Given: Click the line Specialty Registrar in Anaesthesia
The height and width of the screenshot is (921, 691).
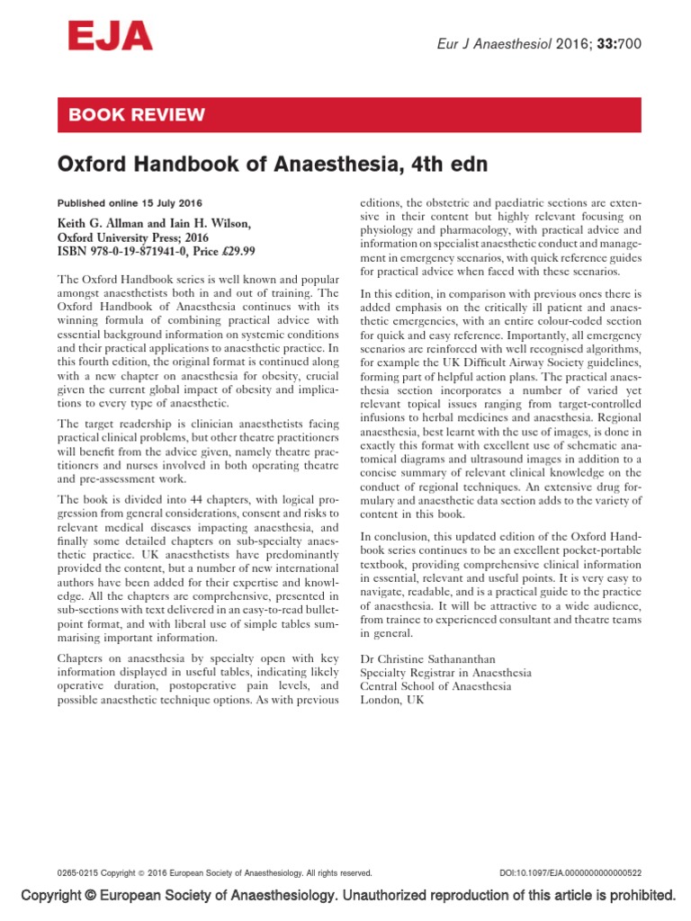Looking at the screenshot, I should pos(445,672).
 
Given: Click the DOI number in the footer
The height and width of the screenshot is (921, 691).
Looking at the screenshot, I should pos(570,873).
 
